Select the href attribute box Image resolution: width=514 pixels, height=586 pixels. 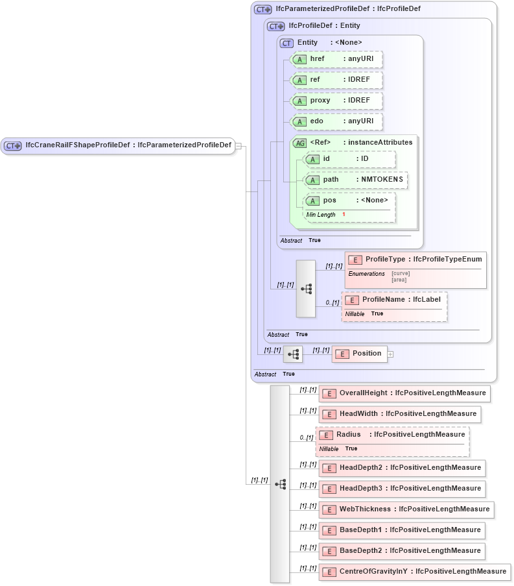336,59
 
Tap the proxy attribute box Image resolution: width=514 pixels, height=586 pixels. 336,101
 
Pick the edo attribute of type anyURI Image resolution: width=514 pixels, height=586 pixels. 336,121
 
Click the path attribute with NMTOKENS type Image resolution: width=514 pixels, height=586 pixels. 355,180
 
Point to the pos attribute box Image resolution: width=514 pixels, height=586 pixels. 349,201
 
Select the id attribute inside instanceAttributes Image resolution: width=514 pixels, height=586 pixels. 349,159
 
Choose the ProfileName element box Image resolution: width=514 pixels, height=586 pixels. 394,300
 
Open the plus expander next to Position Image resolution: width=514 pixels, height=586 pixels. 391,354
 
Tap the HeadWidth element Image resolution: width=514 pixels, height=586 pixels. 400,414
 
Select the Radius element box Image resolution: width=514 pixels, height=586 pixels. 392,435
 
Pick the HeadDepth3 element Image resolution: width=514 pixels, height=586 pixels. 402,489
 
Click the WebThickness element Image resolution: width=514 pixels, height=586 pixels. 406,509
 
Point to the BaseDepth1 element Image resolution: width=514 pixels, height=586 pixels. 402,530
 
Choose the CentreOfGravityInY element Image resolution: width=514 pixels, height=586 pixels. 415,572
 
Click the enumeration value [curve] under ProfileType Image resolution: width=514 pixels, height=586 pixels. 401,273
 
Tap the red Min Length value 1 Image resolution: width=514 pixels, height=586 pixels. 344,215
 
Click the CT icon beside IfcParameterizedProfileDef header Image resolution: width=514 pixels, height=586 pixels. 263,9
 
